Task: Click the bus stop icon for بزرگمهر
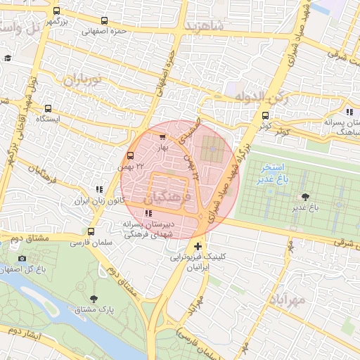click(57, 12)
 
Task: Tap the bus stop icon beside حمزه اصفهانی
click(105, 21)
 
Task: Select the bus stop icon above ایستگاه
click(49, 108)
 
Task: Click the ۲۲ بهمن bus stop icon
click(130, 155)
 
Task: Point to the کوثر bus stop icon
click(265, 116)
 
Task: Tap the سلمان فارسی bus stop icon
click(91, 231)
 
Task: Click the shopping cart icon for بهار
click(163, 137)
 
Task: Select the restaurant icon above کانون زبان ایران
click(99, 189)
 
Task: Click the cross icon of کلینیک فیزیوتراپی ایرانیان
click(199, 246)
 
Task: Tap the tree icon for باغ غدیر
click(305, 197)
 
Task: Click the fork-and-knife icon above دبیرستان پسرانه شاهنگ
click(349, 112)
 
